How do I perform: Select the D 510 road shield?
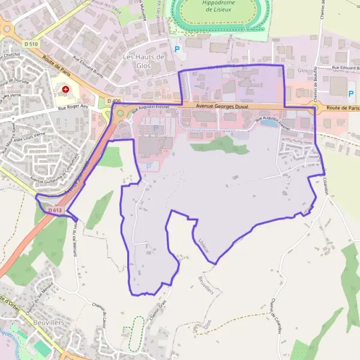(31, 44)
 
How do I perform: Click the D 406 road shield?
(113, 101)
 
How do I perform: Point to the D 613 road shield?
(54, 211)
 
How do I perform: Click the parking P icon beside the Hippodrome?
(176, 49)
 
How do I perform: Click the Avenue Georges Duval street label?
(221, 107)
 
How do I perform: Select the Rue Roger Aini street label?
(74, 108)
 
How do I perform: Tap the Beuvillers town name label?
(50, 322)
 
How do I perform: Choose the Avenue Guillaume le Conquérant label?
(57, 175)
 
